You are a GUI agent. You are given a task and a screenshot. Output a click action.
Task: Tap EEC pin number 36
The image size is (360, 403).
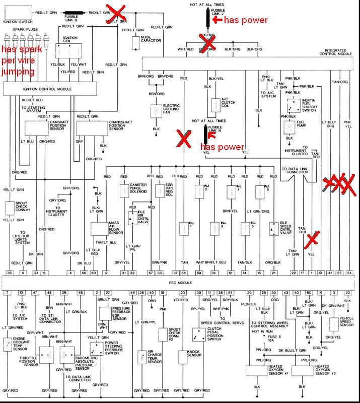[10, 273]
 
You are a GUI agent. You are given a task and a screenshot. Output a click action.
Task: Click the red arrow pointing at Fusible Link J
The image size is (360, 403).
[217, 20]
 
